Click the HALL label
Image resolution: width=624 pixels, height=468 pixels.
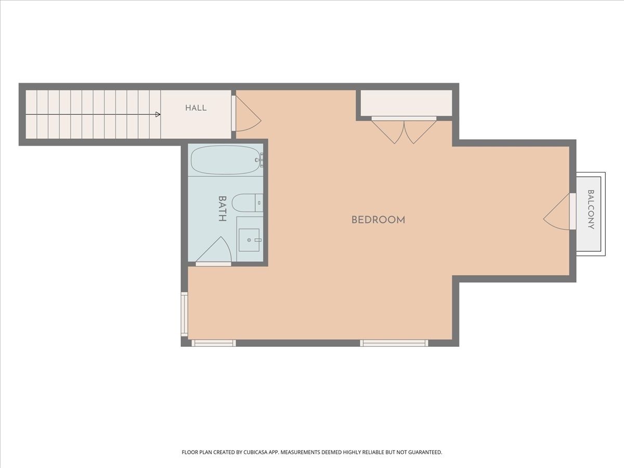(196, 108)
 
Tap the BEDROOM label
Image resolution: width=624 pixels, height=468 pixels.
(378, 220)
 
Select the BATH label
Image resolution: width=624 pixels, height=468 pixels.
(223, 209)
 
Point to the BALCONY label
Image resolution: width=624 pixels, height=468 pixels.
(591, 210)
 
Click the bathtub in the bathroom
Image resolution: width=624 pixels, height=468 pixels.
(226, 160)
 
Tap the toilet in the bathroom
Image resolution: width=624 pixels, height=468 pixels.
(248, 203)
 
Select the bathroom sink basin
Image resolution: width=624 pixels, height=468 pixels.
(249, 240)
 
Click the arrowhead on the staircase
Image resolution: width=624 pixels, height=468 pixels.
(158, 114)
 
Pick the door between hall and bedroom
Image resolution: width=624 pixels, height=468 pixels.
(246, 114)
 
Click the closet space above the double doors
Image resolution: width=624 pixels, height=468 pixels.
(406, 103)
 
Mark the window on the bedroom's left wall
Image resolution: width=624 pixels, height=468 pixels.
(185, 314)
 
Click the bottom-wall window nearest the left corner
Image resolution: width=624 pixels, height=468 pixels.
(214, 343)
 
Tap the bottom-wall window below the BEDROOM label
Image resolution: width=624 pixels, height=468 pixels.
(394, 343)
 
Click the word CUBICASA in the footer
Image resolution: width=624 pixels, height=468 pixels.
(255, 452)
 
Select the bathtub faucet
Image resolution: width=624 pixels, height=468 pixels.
(259, 160)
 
